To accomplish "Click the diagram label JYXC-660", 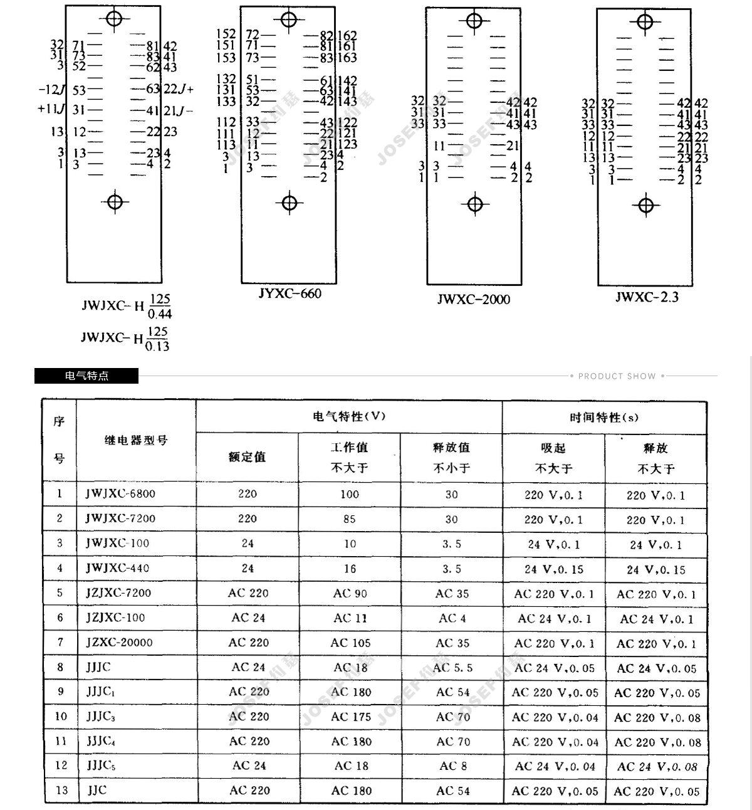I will coord(290,293).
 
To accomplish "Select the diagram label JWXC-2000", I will coord(473,299).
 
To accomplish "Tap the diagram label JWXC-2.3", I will coord(646,297).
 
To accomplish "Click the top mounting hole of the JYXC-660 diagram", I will coord(289,20).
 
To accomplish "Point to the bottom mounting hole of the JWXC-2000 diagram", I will coord(475,204).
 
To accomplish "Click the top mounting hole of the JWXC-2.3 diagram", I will coord(645,22).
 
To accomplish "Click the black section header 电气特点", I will coord(86,376).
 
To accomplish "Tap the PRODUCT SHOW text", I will coord(617,376).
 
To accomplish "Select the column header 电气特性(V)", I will coord(349,416).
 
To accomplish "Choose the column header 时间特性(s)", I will coord(604,418).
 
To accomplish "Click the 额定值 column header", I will coord(247,457).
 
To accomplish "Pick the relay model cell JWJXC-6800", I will coord(120,494).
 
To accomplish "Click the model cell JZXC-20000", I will coord(119,643).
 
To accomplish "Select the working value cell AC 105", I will coord(350,643).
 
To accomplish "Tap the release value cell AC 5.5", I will coord(452,668).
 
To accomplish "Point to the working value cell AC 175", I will coord(351,717).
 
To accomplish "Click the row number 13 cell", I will coord(61,791).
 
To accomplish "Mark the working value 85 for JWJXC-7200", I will coord(349,519).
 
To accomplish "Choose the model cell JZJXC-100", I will coord(115,618).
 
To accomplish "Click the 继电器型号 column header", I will coord(136,441).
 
